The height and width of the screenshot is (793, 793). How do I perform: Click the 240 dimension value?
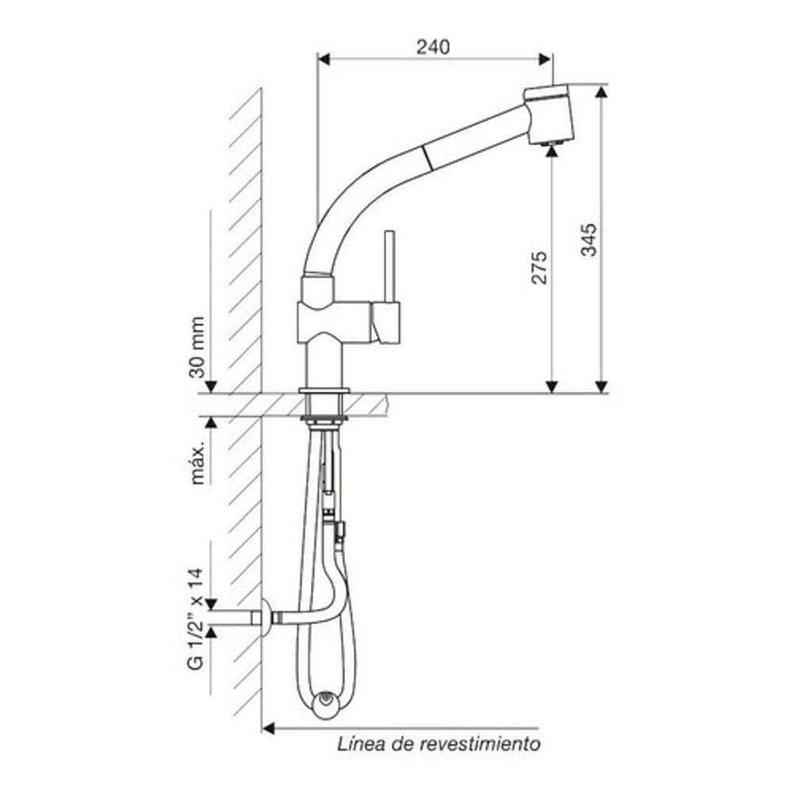tap(433, 47)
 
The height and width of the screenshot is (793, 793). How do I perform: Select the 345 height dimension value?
tap(588, 239)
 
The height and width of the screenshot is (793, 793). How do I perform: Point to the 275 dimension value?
tap(539, 267)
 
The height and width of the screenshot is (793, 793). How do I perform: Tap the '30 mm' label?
tap(197, 347)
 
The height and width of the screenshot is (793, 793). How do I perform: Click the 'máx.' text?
tap(197, 463)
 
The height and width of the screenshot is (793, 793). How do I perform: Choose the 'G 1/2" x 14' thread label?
tap(196, 619)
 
